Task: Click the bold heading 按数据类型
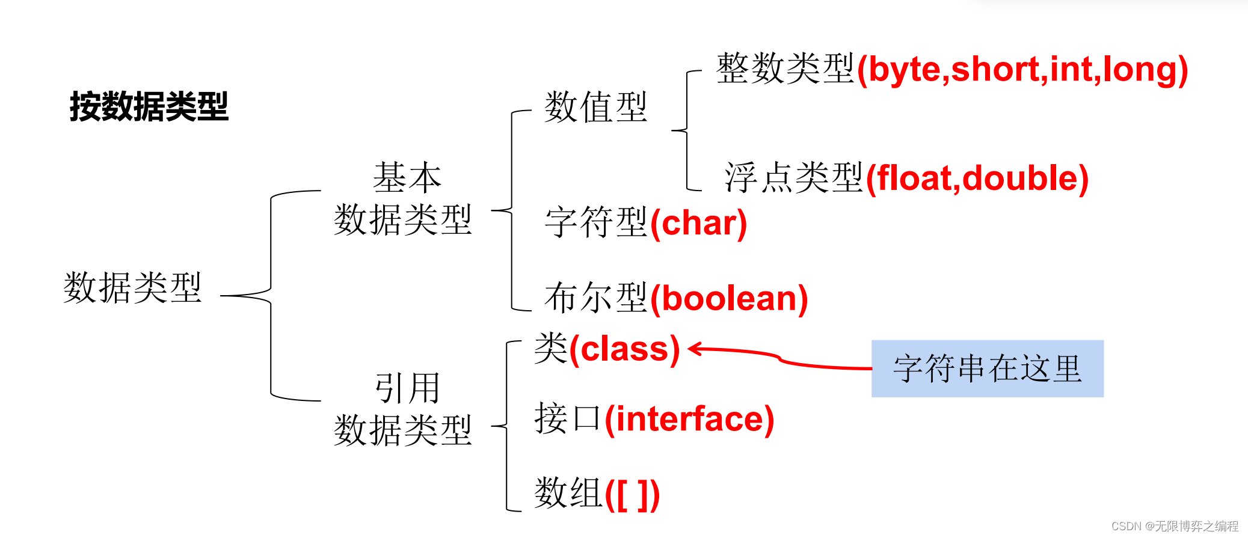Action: click(149, 107)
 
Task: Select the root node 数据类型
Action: click(132, 287)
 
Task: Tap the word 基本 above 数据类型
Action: click(407, 178)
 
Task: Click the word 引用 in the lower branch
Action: click(407, 388)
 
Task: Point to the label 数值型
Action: click(595, 107)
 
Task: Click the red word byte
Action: click(904, 70)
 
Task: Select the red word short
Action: click(995, 70)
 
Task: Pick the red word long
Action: click(1140, 70)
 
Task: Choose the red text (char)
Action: click(698, 223)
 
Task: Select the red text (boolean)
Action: click(729, 299)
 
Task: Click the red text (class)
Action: click(625, 349)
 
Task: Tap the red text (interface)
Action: click(689, 419)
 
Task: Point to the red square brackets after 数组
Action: click(632, 494)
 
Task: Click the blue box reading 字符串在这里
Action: click(987, 368)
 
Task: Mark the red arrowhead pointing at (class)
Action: click(695, 349)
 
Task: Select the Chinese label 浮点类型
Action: click(794, 178)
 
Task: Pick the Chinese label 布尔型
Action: click(595, 298)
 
